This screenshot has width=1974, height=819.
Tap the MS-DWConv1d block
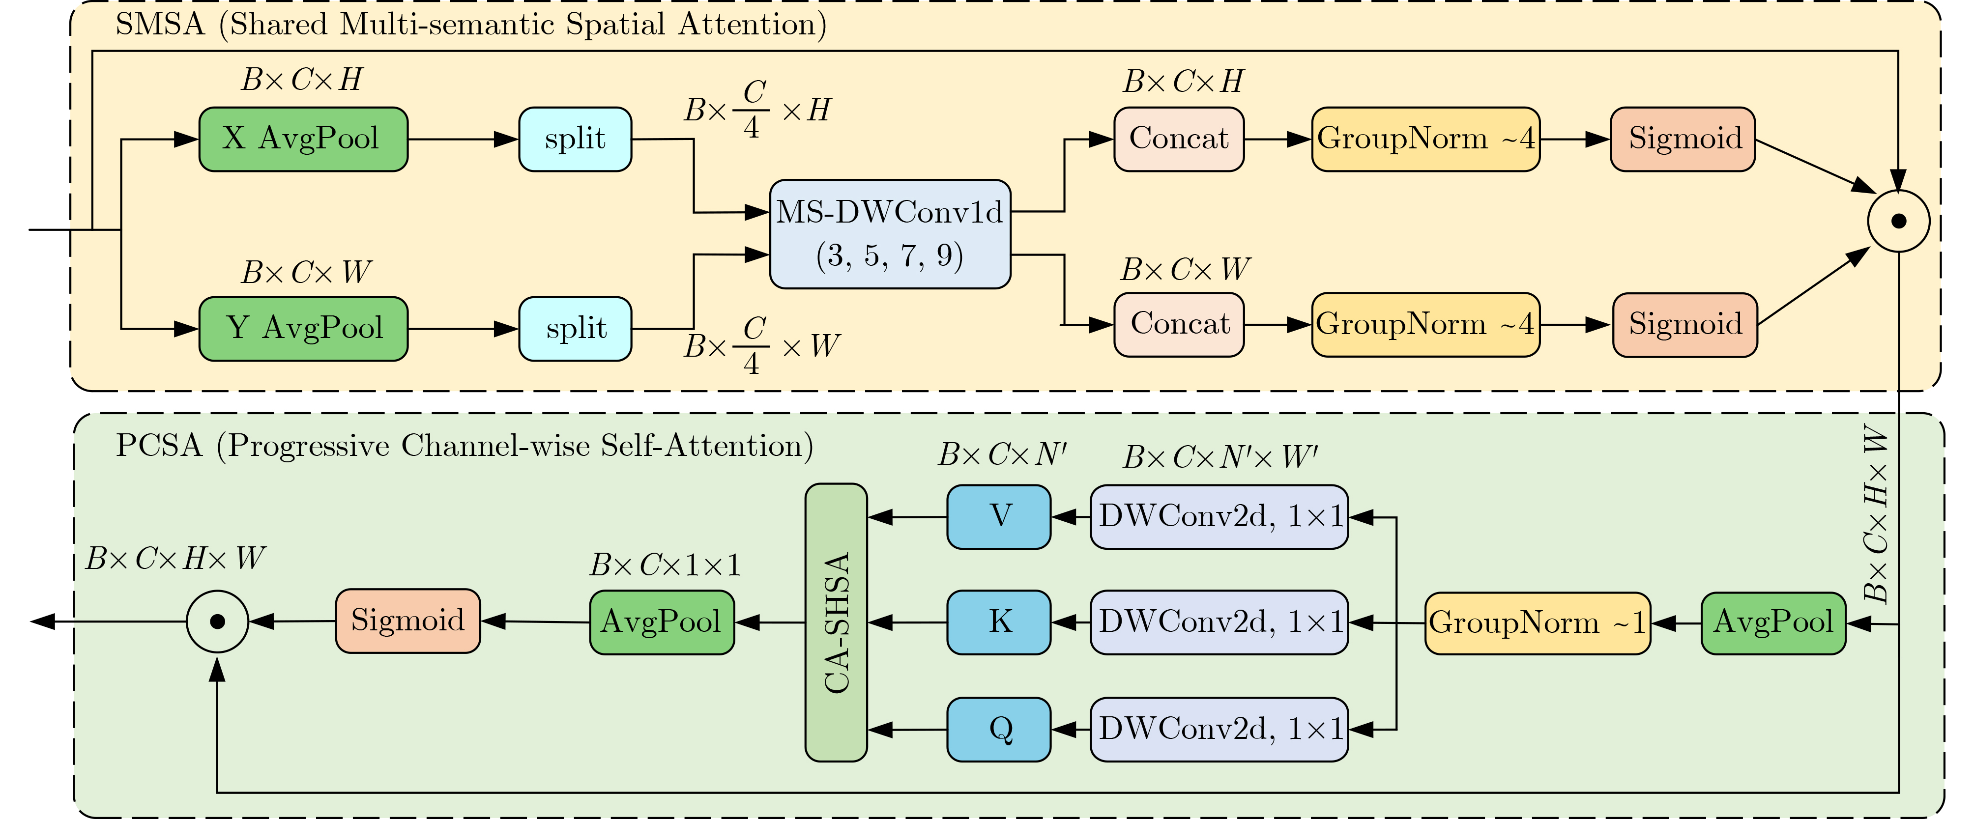coord(890,234)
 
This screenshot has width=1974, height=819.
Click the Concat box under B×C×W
coord(1179,325)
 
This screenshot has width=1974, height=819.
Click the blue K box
coord(998,622)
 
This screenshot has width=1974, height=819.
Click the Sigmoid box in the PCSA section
coord(407,621)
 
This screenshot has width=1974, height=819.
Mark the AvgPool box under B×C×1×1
coord(661,622)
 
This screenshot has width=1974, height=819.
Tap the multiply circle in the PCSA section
coord(218,621)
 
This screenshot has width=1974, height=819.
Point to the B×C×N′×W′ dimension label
coord(1220,457)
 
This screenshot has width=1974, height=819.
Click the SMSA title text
coord(470,25)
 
